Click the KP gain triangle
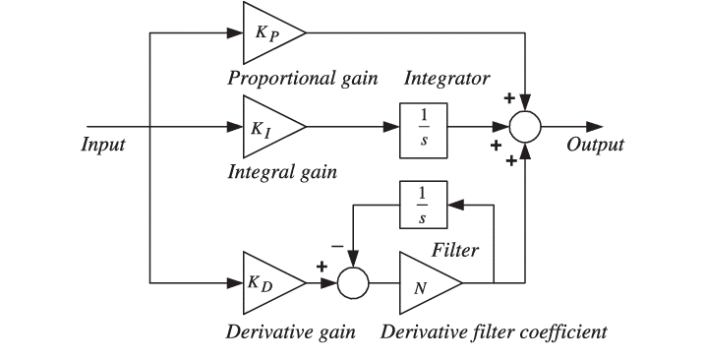point(267,32)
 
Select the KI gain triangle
point(267,127)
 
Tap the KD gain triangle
point(267,283)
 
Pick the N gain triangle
point(425,283)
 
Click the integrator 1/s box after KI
point(424,127)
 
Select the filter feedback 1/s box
point(424,206)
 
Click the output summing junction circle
point(526,127)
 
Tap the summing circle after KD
point(353,283)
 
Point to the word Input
point(101,145)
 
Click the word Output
point(596,145)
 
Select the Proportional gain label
point(302,79)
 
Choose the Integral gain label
point(281,172)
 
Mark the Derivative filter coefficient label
point(494,330)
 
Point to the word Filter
point(454,251)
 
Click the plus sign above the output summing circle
point(509,99)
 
